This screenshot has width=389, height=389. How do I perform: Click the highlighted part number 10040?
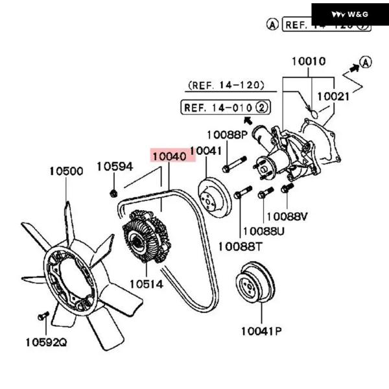click(x=169, y=156)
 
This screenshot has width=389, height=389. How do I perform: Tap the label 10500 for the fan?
click(x=66, y=172)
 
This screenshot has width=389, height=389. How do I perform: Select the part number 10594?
click(x=115, y=167)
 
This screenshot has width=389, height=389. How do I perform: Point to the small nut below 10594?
click(x=113, y=192)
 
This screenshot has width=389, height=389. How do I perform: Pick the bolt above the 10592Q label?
click(x=43, y=316)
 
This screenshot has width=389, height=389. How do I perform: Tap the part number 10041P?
click(x=261, y=331)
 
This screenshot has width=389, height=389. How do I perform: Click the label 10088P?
click(x=227, y=135)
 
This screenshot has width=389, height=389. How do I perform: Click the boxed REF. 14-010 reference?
click(x=226, y=107)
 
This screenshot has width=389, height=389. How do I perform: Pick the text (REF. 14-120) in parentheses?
click(x=226, y=85)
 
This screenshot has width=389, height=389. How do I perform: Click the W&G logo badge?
click(x=350, y=14)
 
